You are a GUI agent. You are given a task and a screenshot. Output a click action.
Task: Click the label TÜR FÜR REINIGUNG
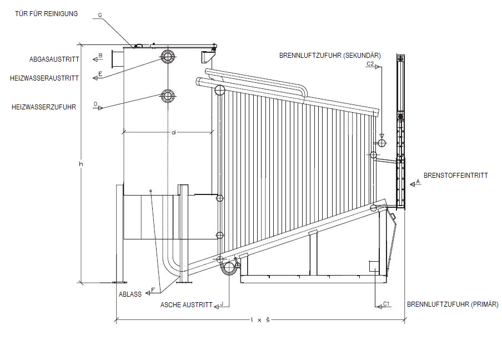47,13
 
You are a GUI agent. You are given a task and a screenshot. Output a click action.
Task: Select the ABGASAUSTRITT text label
54,59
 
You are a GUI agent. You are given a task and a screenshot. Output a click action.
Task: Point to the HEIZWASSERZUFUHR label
44,107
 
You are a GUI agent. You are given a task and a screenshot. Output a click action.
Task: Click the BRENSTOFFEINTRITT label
455,176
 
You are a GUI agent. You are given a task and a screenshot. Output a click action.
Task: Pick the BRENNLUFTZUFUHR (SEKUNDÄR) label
330,55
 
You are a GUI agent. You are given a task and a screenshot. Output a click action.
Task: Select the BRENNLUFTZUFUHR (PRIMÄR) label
453,304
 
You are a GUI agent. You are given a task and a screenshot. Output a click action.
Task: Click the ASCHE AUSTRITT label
186,305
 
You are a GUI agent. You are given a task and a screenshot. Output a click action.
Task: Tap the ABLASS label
130,294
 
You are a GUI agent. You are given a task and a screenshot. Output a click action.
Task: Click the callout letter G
100,16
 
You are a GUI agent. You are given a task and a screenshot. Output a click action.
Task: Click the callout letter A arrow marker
418,182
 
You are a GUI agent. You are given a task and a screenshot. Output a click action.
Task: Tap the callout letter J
222,304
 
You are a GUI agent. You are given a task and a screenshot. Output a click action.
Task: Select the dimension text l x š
260,319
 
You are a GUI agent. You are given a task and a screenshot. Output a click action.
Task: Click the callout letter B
100,55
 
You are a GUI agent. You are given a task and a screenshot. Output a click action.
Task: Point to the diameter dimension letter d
173,132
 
